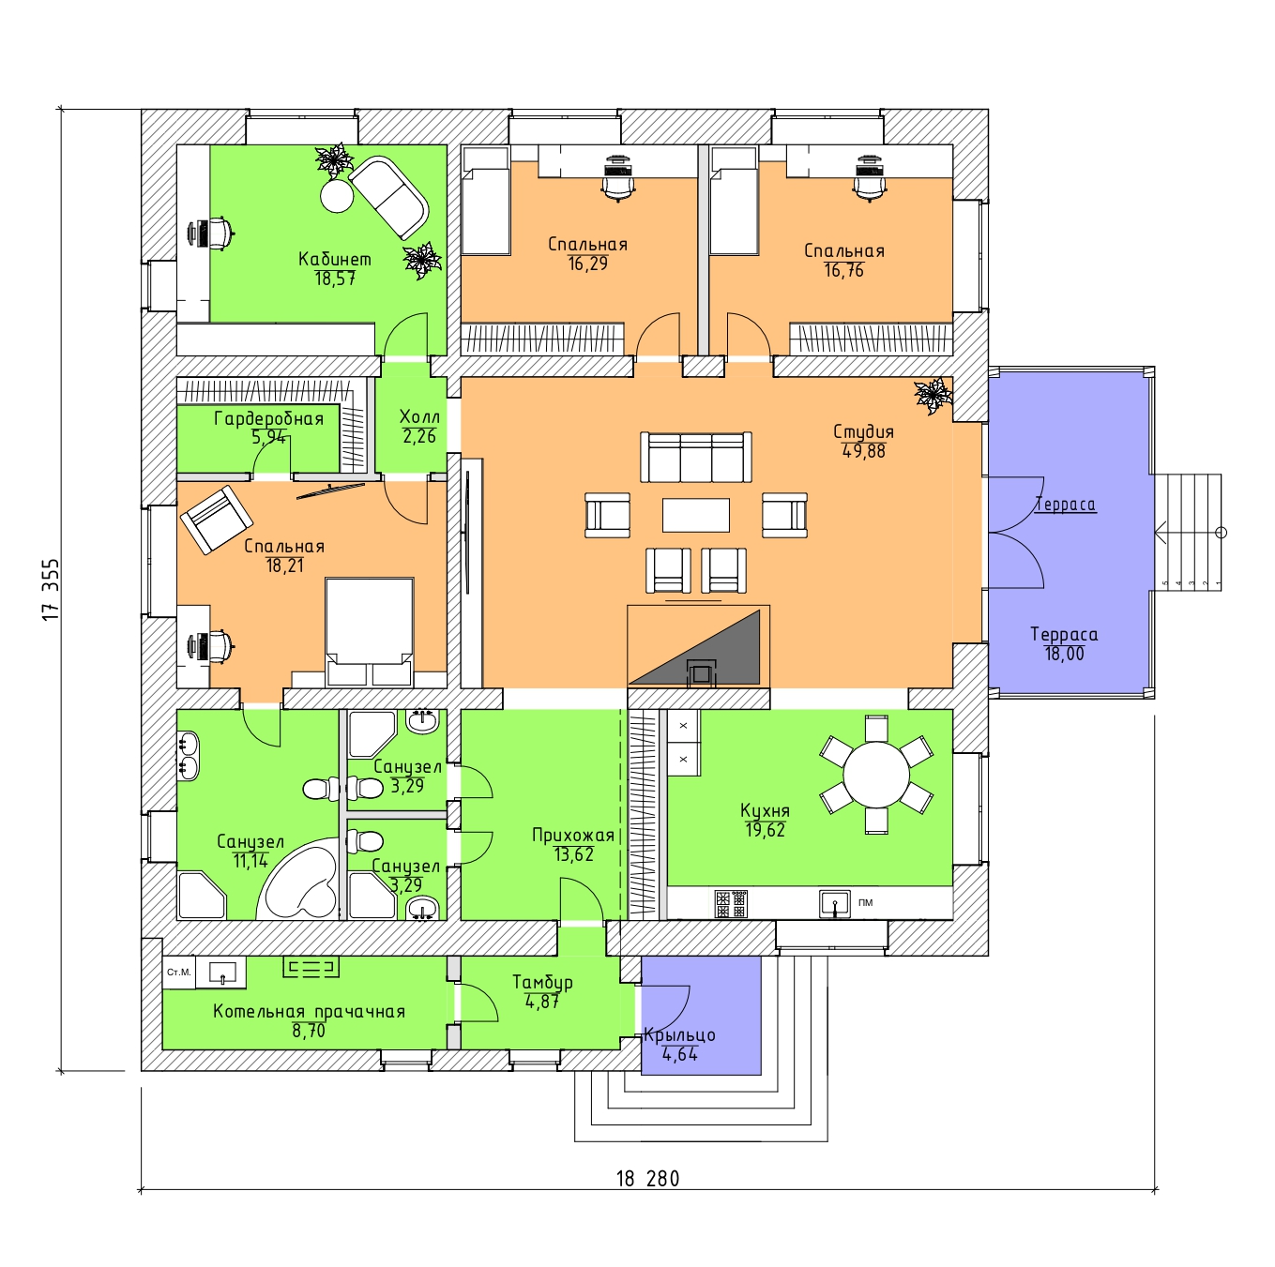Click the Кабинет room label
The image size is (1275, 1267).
point(335,259)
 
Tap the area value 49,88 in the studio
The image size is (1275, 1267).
point(864,451)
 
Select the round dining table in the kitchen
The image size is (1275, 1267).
point(876,775)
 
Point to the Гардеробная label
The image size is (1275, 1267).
point(268,418)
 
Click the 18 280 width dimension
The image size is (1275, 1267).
point(647,1179)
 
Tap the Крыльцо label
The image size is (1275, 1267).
point(679,1035)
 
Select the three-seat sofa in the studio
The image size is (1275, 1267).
point(695,457)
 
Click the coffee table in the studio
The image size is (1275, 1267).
point(695,515)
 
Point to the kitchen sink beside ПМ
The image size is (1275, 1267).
point(834,903)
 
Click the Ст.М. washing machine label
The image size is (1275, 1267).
point(178,973)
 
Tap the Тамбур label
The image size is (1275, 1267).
point(542,982)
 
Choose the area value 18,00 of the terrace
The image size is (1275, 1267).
point(1064,655)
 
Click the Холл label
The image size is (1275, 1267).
point(419,416)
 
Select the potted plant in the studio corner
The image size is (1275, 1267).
point(933,395)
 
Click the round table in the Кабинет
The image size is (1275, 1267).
point(337,196)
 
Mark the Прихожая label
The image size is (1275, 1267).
point(572,835)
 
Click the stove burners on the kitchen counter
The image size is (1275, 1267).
point(731,903)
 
